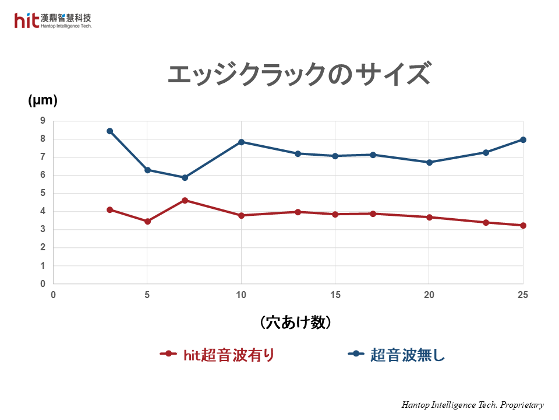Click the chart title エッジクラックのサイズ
299,75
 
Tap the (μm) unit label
43,100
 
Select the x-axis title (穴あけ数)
295,322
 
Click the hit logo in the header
27,20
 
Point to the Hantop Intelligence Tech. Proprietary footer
472,405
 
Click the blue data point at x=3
109,131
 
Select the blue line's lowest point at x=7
185,177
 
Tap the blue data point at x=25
523,139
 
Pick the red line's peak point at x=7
185,200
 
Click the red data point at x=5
147,221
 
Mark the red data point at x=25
523,225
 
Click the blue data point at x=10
241,142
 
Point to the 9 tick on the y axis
43,121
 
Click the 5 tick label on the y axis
43,193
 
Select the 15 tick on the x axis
335,295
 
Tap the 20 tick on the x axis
429,295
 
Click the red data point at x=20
429,217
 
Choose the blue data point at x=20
429,162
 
